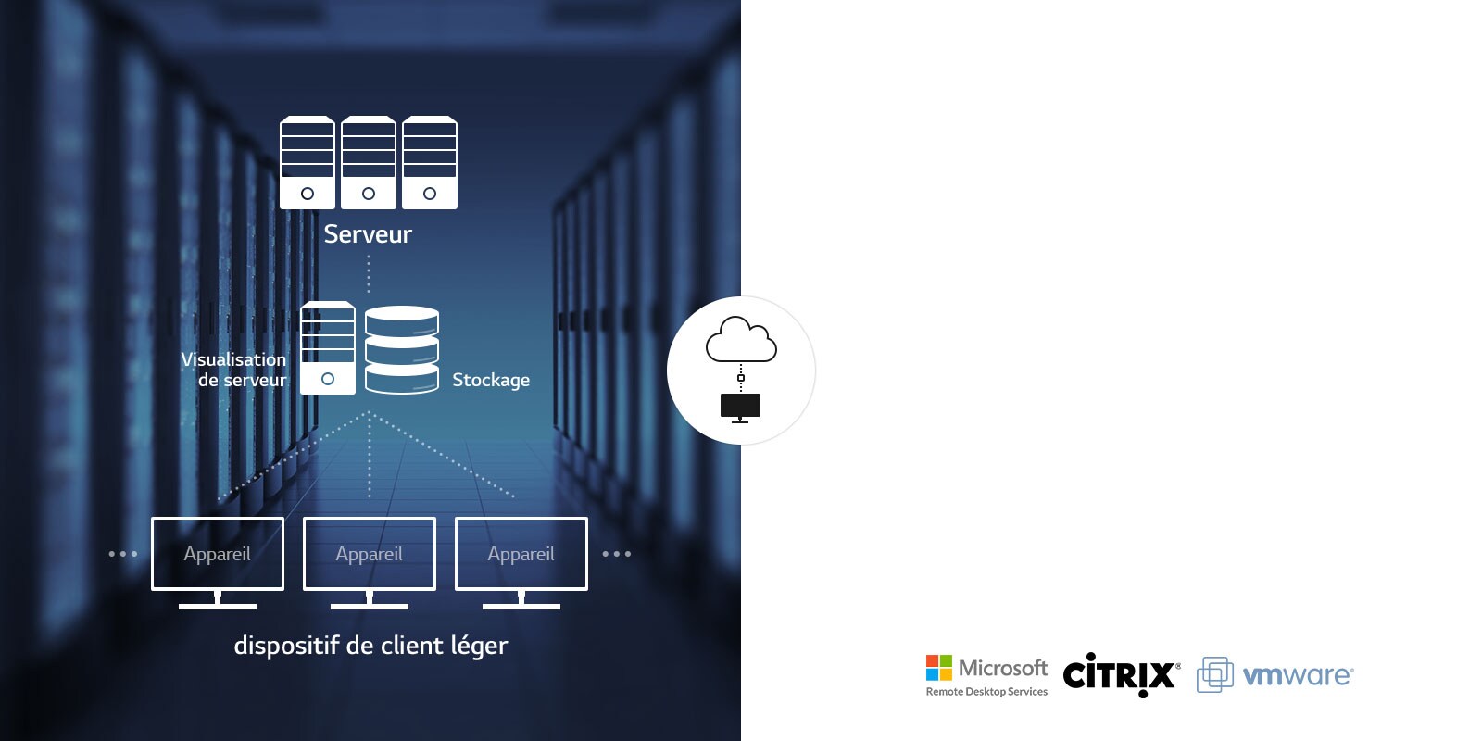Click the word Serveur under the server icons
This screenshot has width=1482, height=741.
coord(368,234)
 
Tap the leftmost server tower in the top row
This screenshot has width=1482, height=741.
coord(308,162)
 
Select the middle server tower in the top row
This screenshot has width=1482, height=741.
coord(369,162)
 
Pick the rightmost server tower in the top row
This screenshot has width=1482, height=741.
coord(430,162)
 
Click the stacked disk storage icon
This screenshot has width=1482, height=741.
coord(402,350)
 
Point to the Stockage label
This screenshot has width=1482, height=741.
coord(491,380)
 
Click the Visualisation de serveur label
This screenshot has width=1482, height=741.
coord(235,370)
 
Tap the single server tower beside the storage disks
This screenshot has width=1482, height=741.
coord(328,348)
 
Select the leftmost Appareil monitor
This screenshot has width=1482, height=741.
coord(218,554)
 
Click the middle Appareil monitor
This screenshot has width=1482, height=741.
coord(370,554)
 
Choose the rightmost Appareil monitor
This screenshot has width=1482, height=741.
coord(521,554)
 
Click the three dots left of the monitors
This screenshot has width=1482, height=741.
coord(123,554)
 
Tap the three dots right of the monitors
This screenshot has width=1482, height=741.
coord(617,554)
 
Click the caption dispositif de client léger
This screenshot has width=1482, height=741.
coord(370,646)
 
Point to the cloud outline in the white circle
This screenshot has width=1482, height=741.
coord(741,340)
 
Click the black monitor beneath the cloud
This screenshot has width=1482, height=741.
coord(740,406)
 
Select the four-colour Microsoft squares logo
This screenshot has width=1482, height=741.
coord(939,668)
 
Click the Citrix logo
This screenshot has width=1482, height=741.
coord(1120,674)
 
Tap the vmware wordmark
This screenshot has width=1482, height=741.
coord(1297,675)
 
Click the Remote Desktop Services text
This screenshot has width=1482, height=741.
coord(986,692)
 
